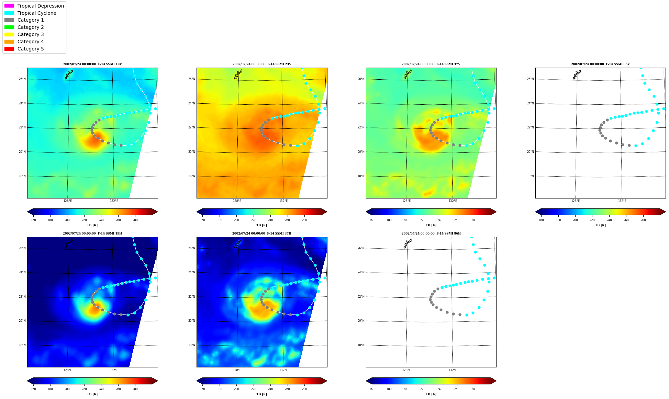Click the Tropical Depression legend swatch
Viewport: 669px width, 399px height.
click(9, 6)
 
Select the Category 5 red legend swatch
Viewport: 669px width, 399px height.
click(9, 49)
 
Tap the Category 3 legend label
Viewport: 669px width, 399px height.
click(31, 34)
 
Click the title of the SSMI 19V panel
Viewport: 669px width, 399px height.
click(92, 64)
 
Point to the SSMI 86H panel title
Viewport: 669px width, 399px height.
click(431, 233)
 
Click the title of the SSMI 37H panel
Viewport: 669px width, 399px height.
click(262, 233)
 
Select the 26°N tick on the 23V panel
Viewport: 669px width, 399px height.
click(191, 79)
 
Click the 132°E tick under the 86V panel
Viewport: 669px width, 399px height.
click(622, 201)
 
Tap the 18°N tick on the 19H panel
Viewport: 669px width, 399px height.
click(22, 345)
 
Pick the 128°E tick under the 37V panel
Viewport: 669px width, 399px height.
click(406, 201)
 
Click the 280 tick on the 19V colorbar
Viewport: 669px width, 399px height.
click(135, 220)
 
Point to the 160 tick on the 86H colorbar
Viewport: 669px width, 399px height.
click(372, 389)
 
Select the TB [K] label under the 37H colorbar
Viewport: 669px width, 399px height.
click(261, 394)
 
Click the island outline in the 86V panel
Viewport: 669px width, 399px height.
click(577, 75)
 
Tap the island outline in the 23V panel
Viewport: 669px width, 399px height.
click(238, 75)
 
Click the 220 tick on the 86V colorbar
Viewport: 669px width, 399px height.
click(592, 220)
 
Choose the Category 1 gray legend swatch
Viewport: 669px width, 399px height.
click(9, 20)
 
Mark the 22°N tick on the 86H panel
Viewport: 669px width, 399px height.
click(361, 297)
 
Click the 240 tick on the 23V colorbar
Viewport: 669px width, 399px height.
click(270, 220)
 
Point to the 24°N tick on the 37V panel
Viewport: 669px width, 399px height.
click(361, 103)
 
